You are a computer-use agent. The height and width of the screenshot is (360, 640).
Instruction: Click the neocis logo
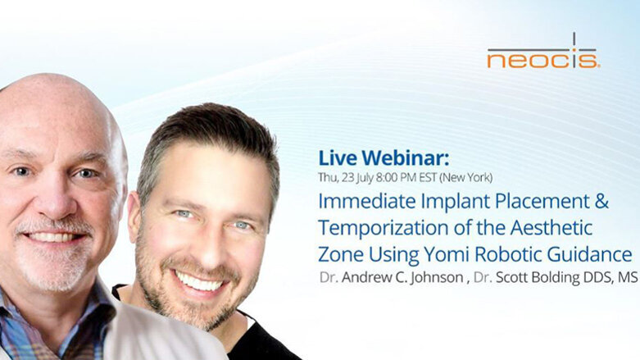pos(542,54)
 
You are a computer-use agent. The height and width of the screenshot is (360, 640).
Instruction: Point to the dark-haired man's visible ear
pos(134,221)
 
